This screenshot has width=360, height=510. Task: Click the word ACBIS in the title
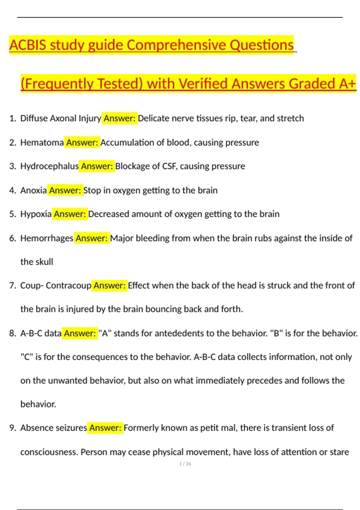[28, 45]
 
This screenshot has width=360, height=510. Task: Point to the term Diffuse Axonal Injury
[61, 118]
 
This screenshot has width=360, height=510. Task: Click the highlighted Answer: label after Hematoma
[82, 142]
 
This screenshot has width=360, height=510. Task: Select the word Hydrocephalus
[49, 166]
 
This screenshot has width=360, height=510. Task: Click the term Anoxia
[33, 190]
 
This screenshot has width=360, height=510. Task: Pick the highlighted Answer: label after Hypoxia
[70, 214]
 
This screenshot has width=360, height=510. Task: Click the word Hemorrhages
[47, 238]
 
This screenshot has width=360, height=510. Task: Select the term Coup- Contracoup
[56, 285]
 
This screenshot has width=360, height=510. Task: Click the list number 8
[12, 333]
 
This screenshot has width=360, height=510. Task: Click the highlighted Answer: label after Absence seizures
[105, 427]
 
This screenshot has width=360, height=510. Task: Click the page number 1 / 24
[185, 464]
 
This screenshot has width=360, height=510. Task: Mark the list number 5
[12, 214]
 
